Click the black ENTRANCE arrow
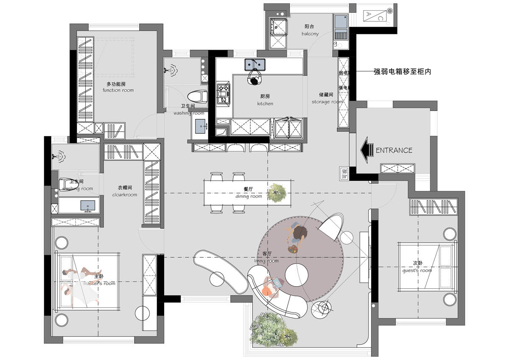coord(366,150)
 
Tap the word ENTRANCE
coord(394,150)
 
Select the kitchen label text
coord(265,100)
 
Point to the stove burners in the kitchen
coord(223,94)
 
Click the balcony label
coord(310,30)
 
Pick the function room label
coord(118,87)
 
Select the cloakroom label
coord(125,191)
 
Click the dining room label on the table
coord(249,193)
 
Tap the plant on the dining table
coord(278,192)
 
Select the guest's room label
coord(417,267)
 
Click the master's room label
coord(99,280)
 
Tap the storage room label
coord(327,98)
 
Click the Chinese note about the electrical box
coord(402,72)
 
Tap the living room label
coord(267,257)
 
